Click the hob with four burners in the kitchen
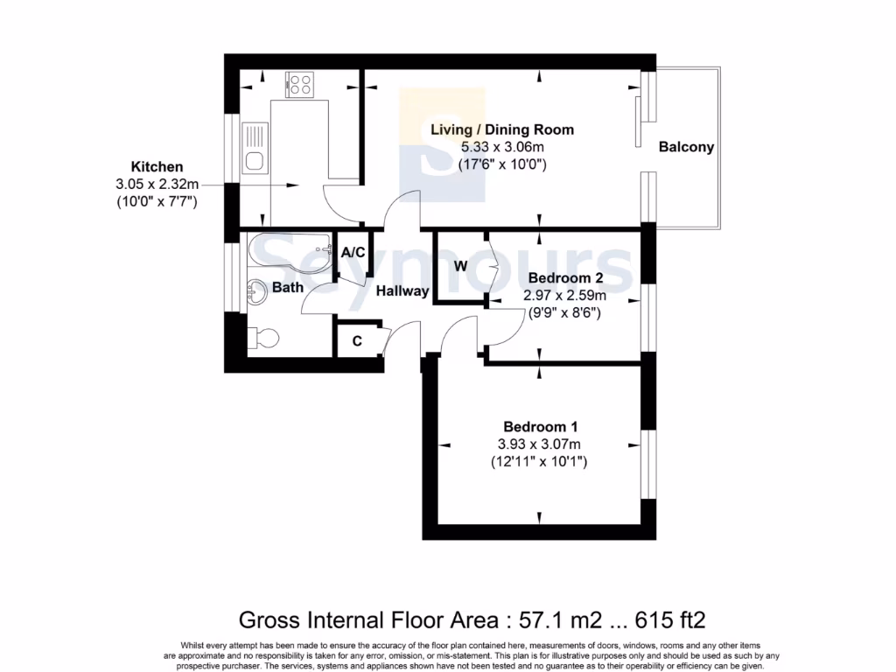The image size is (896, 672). click(x=299, y=85)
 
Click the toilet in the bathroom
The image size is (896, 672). click(x=265, y=336)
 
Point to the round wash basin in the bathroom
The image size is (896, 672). click(x=256, y=291)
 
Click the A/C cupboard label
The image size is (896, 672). click(x=353, y=253)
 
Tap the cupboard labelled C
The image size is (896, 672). click(x=357, y=341)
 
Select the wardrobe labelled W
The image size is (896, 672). click(x=460, y=265)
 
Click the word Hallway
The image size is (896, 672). click(x=402, y=291)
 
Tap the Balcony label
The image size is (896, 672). click(x=686, y=147)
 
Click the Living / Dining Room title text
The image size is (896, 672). click(x=502, y=129)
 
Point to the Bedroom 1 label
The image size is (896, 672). click(x=540, y=427)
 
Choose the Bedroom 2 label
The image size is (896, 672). click(x=564, y=278)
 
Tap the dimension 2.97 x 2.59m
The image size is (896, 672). click(x=564, y=295)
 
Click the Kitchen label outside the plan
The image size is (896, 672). click(x=157, y=166)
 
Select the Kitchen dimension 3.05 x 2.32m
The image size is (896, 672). click(x=157, y=184)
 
